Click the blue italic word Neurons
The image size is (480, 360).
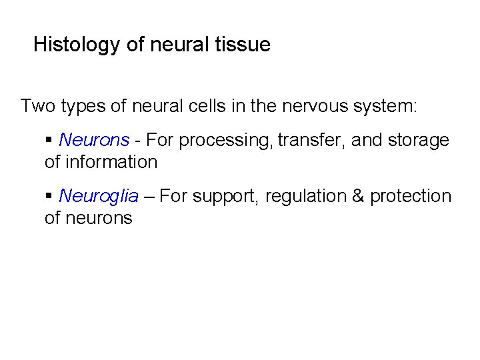94,140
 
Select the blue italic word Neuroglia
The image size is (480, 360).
99,196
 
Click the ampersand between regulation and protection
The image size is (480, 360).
357,196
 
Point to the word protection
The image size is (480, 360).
411,197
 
